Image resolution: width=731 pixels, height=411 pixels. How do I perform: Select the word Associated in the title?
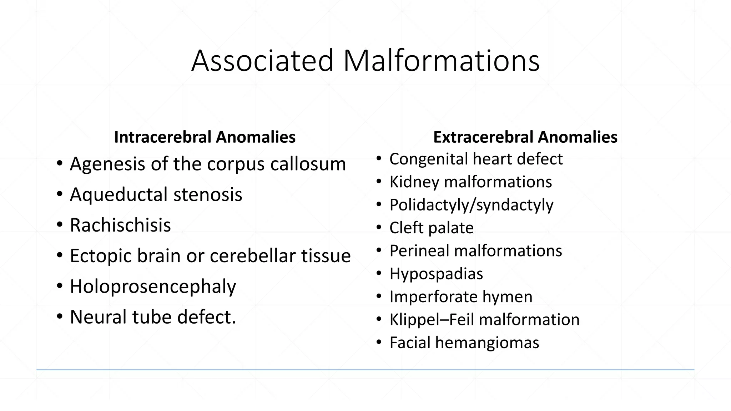click(x=262, y=61)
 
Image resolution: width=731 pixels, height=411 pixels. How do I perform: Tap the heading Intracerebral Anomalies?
click(x=205, y=137)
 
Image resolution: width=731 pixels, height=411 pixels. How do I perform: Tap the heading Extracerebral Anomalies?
click(x=525, y=137)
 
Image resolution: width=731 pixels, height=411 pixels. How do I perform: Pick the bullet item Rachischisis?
click(x=120, y=225)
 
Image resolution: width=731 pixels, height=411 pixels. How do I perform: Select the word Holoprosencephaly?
click(x=153, y=286)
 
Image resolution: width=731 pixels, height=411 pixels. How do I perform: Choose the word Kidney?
click(x=414, y=182)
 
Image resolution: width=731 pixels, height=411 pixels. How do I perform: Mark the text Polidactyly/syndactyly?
click(x=471, y=205)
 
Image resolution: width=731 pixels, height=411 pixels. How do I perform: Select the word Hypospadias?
click(x=436, y=274)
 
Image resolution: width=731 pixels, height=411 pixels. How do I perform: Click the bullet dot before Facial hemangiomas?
click(x=379, y=343)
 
